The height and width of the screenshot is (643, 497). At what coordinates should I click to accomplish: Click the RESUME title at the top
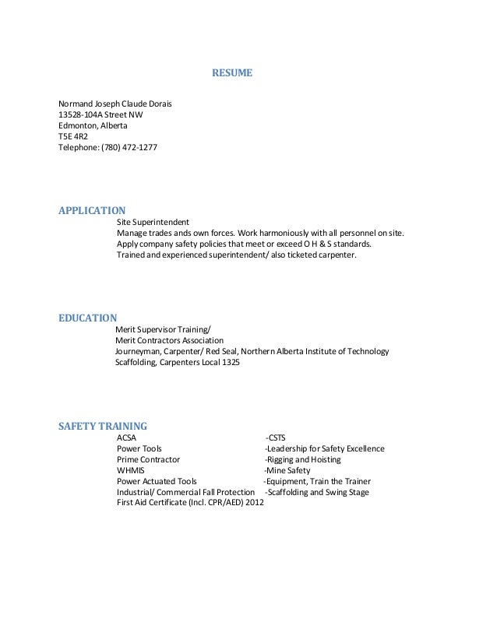click(x=233, y=74)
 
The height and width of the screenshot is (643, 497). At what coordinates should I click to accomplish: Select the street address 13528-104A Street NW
click(x=100, y=114)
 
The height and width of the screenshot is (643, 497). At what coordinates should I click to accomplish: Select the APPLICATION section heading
click(x=92, y=210)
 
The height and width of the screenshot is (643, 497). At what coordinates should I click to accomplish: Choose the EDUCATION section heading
click(x=88, y=318)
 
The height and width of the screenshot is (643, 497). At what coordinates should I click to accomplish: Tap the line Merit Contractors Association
click(x=169, y=340)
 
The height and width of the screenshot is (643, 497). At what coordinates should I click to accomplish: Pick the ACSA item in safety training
click(x=126, y=437)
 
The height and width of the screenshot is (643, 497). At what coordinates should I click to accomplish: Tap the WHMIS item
click(x=130, y=470)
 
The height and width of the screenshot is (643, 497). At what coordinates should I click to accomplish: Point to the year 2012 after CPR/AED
click(x=254, y=503)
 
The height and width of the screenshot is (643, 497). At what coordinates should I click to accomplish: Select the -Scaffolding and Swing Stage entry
click(x=317, y=492)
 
